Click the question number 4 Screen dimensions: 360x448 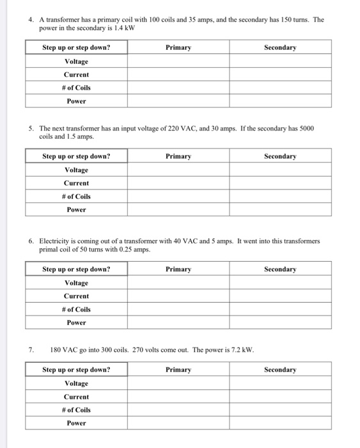click(31, 20)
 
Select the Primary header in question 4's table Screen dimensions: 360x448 click(178, 47)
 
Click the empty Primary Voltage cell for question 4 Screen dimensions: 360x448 click(178, 61)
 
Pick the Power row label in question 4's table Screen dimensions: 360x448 click(76, 101)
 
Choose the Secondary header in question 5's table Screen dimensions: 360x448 click(280, 156)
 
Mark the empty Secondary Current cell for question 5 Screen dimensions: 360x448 click(280, 183)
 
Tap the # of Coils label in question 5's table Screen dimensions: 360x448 click(76, 196)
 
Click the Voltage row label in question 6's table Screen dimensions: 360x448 click(76, 282)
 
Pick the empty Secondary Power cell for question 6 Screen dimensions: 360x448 click(280, 323)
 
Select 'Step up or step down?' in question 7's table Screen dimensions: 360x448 click(76, 369)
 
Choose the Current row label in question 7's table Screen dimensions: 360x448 click(76, 397)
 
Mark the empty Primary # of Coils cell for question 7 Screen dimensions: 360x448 click(178, 410)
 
